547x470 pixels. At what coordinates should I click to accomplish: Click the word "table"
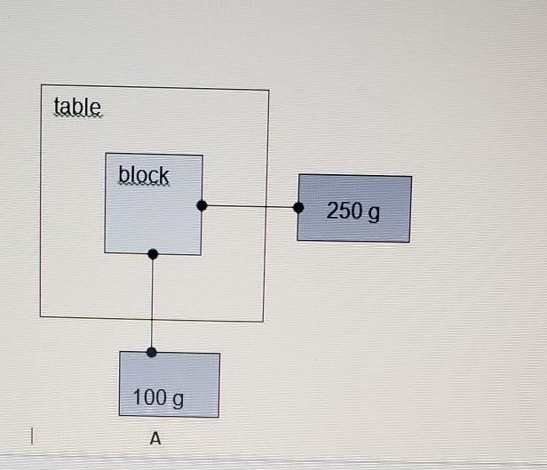pyautogui.click(x=77, y=107)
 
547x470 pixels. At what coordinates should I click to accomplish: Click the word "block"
pyautogui.click(x=143, y=175)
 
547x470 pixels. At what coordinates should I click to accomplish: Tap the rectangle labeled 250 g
pyautogui.click(x=354, y=208)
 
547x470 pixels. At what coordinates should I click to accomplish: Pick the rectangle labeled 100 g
pyautogui.click(x=169, y=384)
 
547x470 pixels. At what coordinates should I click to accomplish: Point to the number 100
pyautogui.click(x=149, y=396)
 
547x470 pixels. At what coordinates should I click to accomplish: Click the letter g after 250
pyautogui.click(x=373, y=213)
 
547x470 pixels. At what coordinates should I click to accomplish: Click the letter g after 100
pyautogui.click(x=178, y=399)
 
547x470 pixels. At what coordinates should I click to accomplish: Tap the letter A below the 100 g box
pyautogui.click(x=155, y=438)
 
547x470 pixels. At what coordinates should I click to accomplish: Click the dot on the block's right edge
pyautogui.click(x=202, y=205)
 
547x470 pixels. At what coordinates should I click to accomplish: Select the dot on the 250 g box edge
pyautogui.click(x=298, y=207)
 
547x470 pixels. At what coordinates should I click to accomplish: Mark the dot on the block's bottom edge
pyautogui.click(x=153, y=254)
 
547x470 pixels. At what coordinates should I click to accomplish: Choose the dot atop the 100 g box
pyautogui.click(x=152, y=352)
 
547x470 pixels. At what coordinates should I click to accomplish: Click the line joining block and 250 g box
pyautogui.click(x=250, y=206)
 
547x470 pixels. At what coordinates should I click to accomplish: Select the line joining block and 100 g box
pyautogui.click(x=153, y=302)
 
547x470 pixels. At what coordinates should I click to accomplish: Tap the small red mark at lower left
pyautogui.click(x=31, y=435)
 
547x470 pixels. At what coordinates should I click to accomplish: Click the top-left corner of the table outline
pyautogui.click(x=41, y=85)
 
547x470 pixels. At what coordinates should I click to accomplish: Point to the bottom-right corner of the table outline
pyautogui.click(x=264, y=321)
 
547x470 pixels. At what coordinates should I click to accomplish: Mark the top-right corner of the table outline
pyautogui.click(x=268, y=90)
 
